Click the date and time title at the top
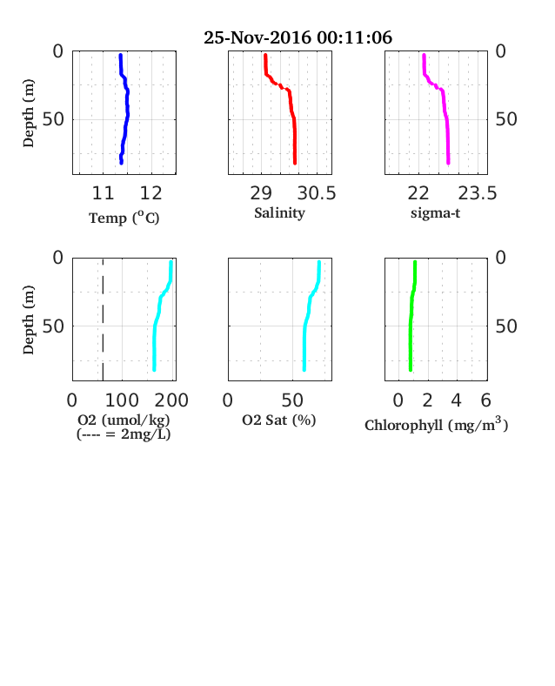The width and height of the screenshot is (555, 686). pyautogui.click(x=298, y=37)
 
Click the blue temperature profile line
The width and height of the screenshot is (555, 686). pyautogui.click(x=127, y=110)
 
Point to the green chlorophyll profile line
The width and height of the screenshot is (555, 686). pyautogui.click(x=411, y=316)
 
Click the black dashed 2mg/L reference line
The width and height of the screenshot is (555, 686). pyautogui.click(x=103, y=319)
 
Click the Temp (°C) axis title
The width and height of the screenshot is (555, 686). pyautogui.click(x=124, y=218)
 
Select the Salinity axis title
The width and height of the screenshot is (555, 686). pyautogui.click(x=280, y=213)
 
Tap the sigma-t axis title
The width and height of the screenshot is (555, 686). pyautogui.click(x=435, y=213)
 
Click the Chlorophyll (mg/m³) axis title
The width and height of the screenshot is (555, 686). pyautogui.click(x=436, y=425)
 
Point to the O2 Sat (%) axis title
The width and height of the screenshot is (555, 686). pyautogui.click(x=279, y=420)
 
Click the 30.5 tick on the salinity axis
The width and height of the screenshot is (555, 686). pyautogui.click(x=317, y=193)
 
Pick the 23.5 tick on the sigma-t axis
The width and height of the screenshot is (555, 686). pyautogui.click(x=478, y=193)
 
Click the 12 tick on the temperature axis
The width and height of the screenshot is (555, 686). pyautogui.click(x=150, y=193)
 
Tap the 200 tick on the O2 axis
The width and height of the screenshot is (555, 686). pyautogui.click(x=171, y=400)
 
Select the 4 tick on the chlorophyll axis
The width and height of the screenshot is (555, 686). pyautogui.click(x=456, y=400)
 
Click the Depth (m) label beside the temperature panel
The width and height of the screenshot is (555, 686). pyautogui.click(x=28, y=113)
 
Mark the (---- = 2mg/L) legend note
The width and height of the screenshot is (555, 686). pyautogui.click(x=124, y=434)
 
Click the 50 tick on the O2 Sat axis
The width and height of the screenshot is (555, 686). pyautogui.click(x=292, y=400)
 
